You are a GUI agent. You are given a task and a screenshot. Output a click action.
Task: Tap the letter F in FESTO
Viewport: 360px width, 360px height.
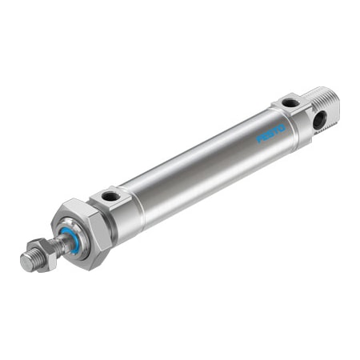point(259,139)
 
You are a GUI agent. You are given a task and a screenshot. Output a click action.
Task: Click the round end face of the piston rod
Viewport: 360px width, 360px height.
point(26,263)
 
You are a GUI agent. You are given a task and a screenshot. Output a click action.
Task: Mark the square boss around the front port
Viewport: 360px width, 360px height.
point(111,196)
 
